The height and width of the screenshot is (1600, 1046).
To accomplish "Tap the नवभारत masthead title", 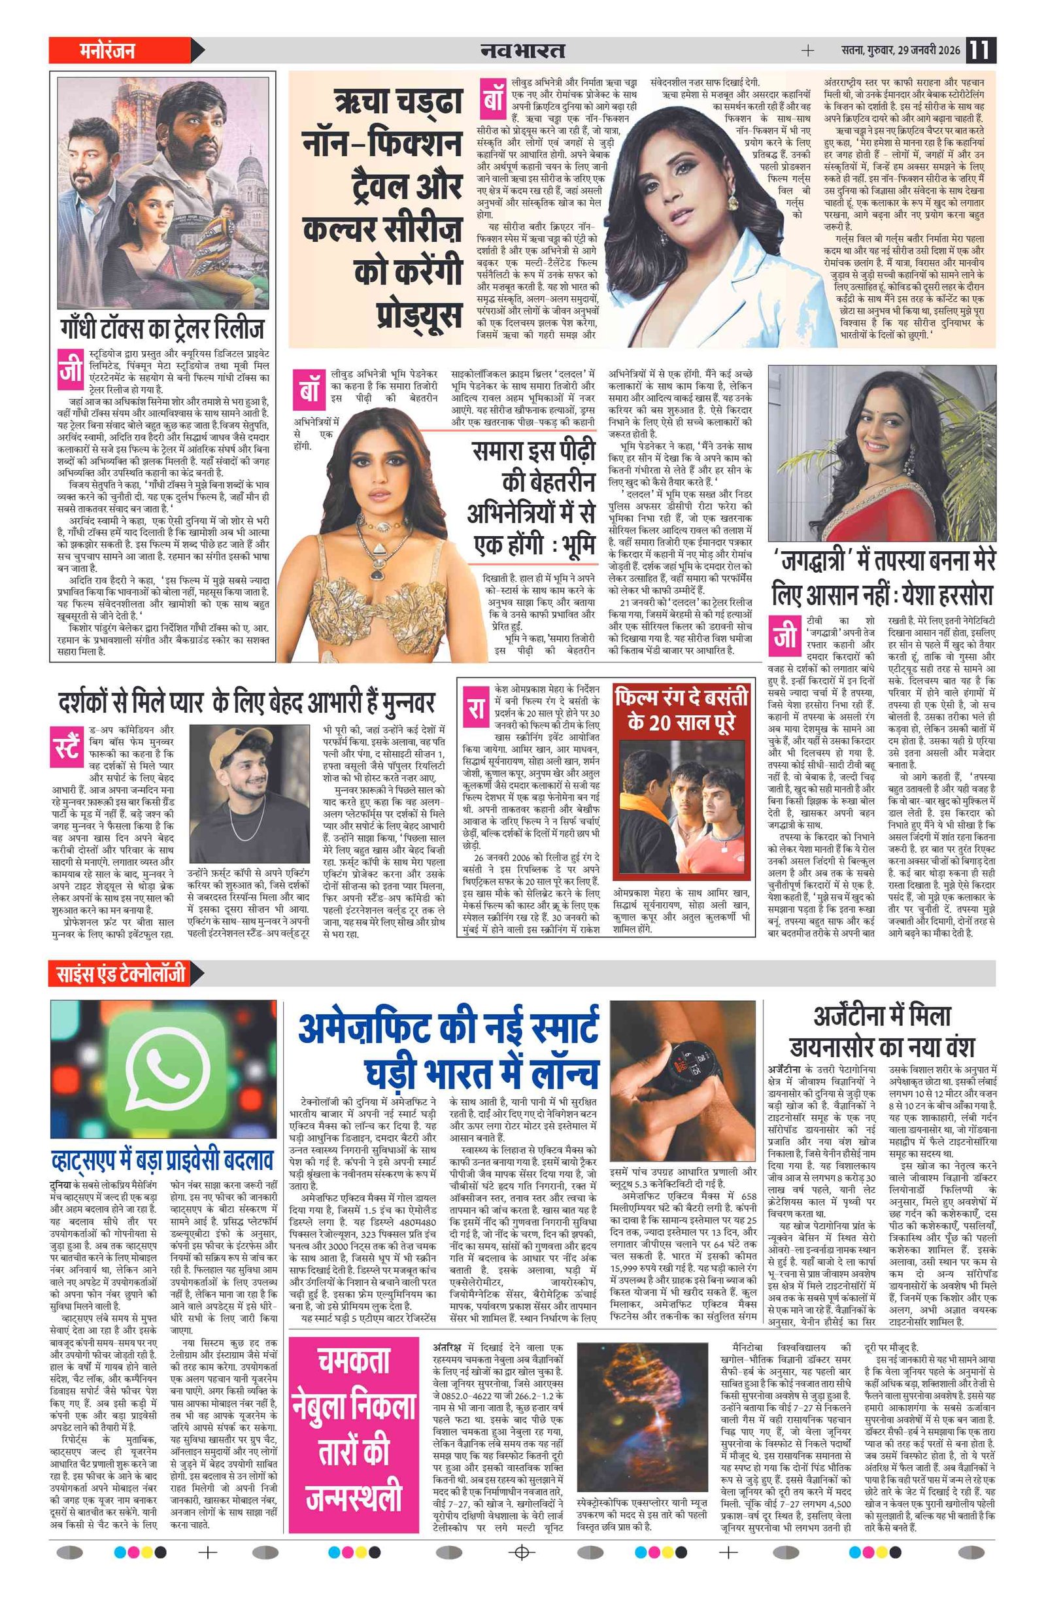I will click(522, 50).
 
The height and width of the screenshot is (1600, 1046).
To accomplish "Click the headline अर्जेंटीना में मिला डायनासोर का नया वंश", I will click(881, 1031).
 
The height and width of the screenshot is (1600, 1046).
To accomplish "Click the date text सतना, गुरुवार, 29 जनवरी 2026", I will click(902, 50).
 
